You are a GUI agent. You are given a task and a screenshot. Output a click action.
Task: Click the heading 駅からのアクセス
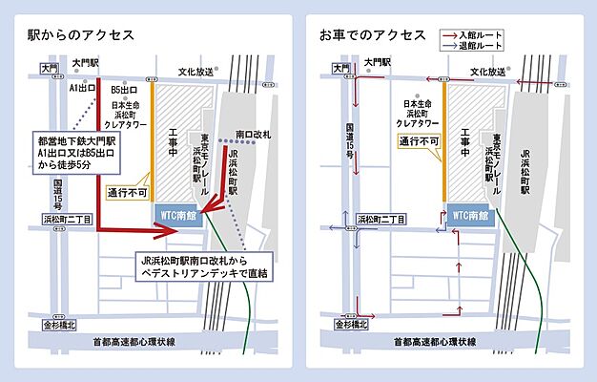tap(80, 36)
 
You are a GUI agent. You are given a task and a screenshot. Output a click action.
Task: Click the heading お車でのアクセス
tap(373, 36)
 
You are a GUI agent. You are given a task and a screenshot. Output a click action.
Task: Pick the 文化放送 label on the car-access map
tap(490, 72)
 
